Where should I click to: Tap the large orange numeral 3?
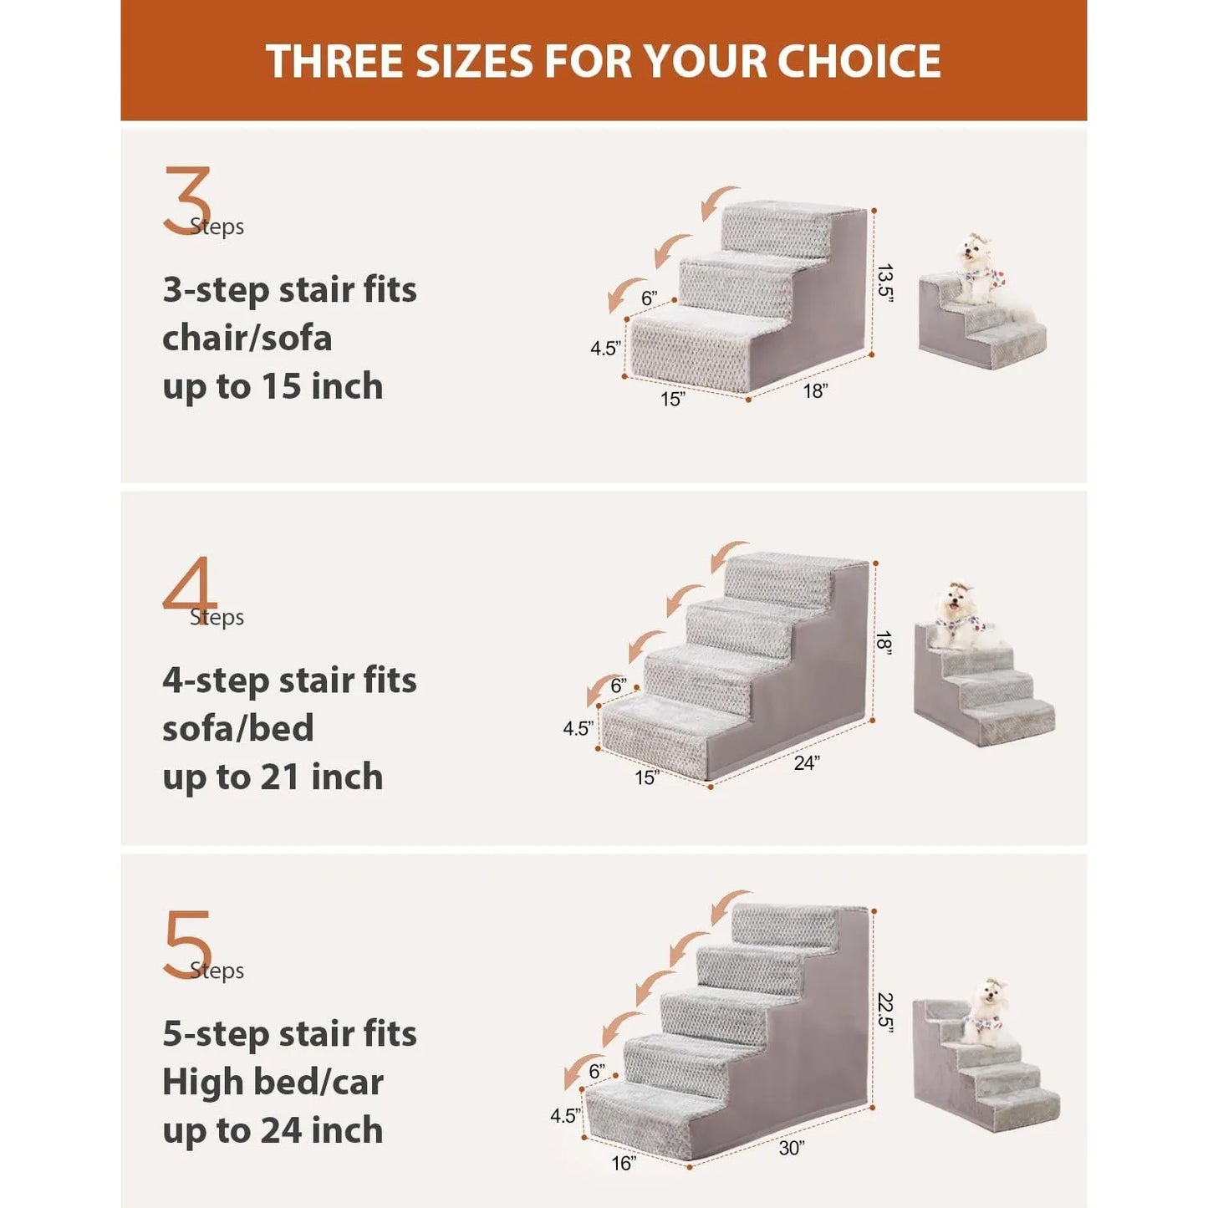(x=186, y=201)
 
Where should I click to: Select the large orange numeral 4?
(x=189, y=585)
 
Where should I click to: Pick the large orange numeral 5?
(x=186, y=945)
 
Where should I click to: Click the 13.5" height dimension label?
(x=885, y=283)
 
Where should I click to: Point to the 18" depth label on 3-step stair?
(x=815, y=390)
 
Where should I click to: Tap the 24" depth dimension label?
(x=806, y=762)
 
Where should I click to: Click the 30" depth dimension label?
(x=791, y=1148)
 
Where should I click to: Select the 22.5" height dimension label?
(x=885, y=1012)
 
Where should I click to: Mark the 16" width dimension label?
(x=623, y=1163)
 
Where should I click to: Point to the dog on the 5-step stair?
(x=988, y=1012)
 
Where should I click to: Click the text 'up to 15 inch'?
(x=273, y=386)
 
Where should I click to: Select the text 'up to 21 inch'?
(x=273, y=777)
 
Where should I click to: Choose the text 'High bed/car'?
(x=273, y=1082)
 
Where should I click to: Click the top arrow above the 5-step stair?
(x=728, y=907)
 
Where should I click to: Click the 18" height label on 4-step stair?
(x=884, y=643)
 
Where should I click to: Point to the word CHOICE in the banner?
(x=859, y=61)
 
